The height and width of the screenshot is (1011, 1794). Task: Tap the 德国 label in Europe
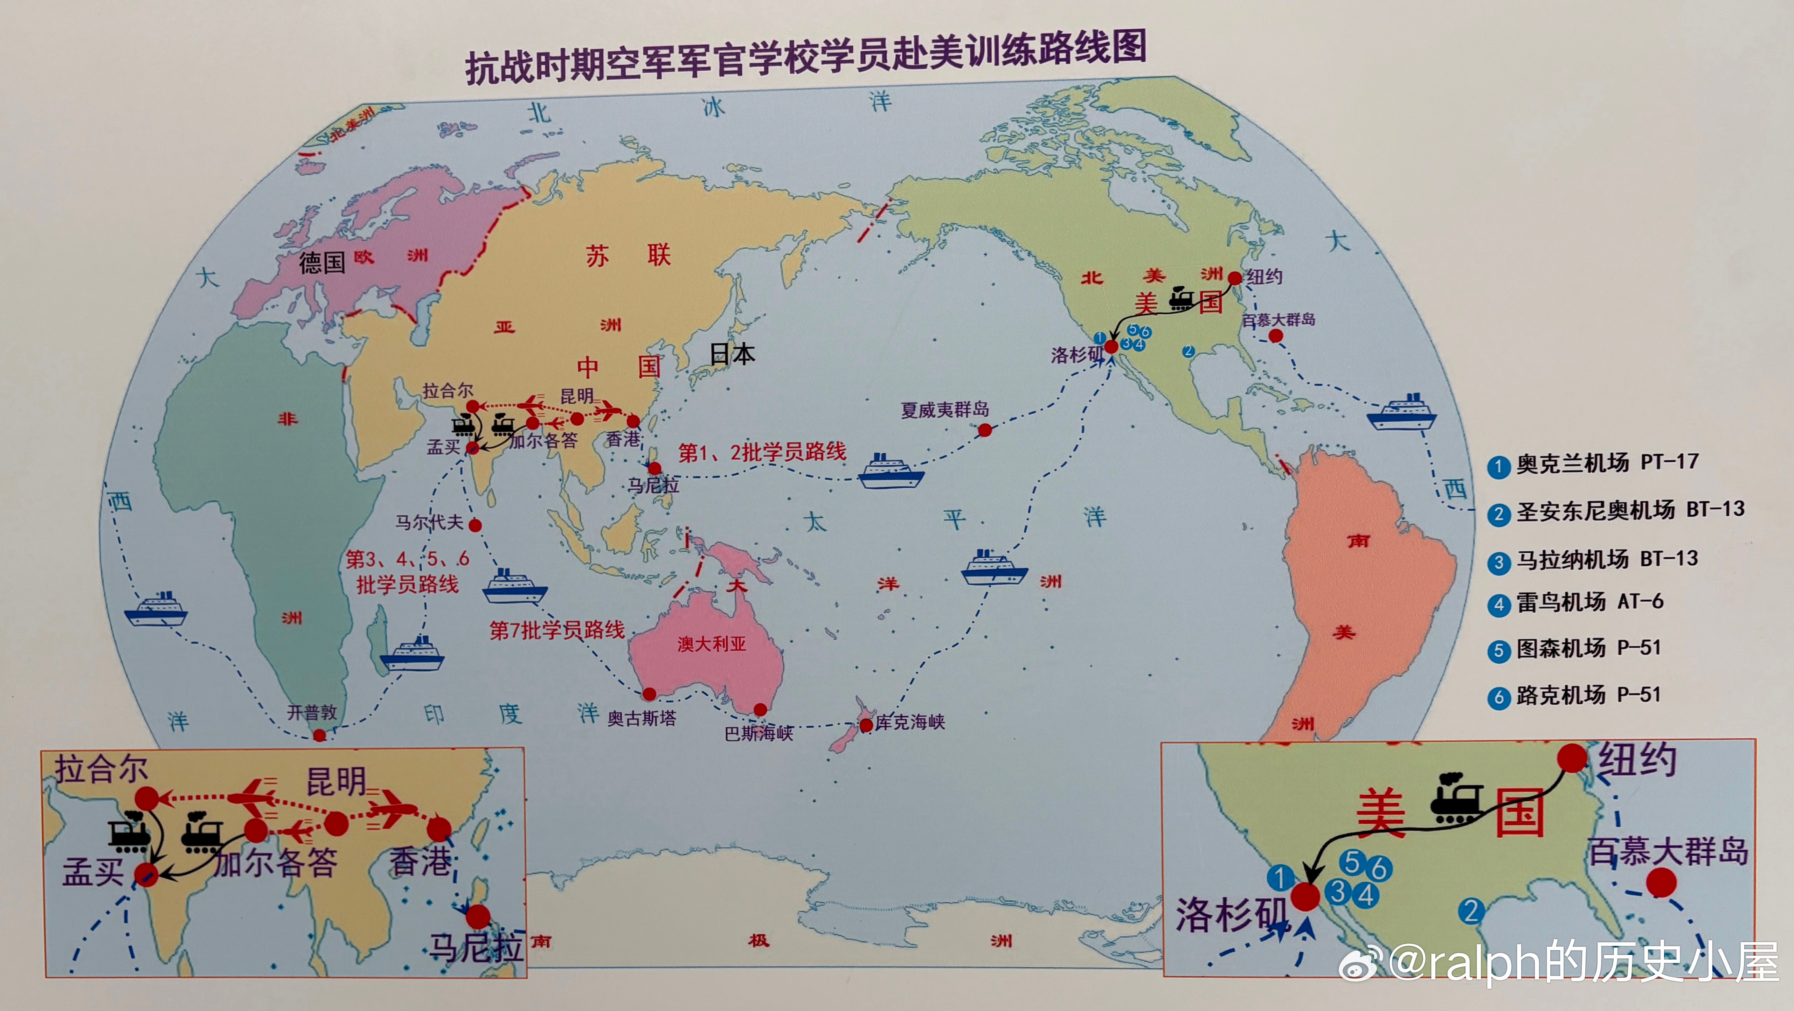322,263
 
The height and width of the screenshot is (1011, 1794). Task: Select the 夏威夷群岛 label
944,410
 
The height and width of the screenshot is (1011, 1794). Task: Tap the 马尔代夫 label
429,522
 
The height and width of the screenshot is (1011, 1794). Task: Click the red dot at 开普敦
319,735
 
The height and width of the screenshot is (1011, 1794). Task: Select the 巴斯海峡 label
759,733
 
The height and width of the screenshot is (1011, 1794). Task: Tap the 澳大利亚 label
712,644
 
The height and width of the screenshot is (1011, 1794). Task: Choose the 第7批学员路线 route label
557,630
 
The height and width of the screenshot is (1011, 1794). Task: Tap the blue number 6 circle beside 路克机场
1498,697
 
